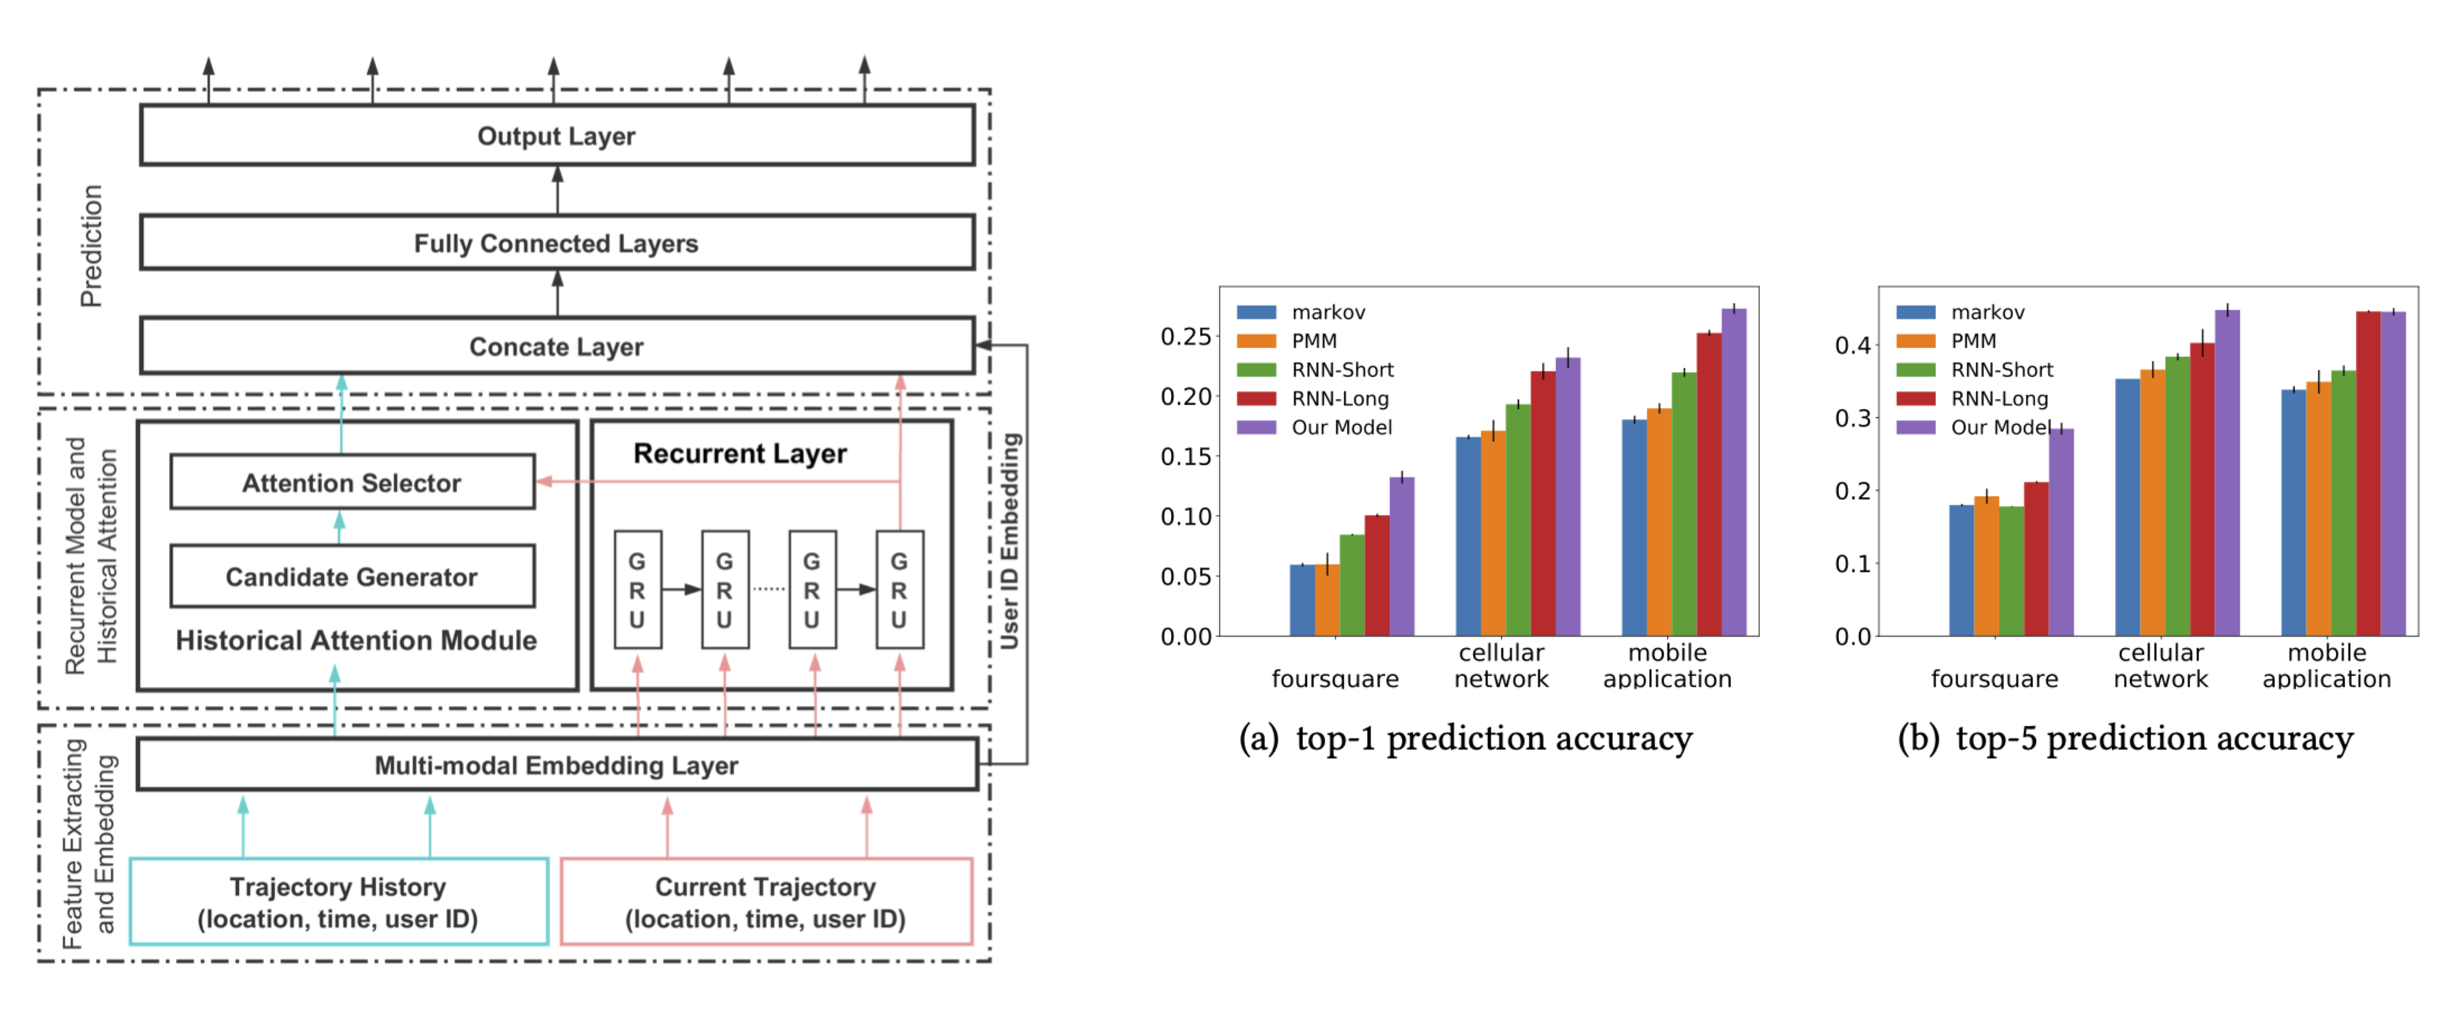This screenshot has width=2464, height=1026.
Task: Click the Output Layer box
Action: tap(557, 136)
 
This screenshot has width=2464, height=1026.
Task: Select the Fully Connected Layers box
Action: tap(557, 243)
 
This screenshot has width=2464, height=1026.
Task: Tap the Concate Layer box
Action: tap(557, 346)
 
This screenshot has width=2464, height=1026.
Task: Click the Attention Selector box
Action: tap(352, 482)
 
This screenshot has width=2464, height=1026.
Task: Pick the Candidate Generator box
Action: tap(352, 576)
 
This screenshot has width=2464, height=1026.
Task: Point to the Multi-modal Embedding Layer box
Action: tap(557, 765)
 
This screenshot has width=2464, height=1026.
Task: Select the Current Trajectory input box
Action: tap(765, 902)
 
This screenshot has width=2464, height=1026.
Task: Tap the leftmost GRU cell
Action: tap(637, 590)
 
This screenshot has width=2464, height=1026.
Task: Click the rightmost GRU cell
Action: tap(899, 590)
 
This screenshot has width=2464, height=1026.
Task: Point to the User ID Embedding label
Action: tap(1010, 541)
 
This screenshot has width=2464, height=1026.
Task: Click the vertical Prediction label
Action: tap(91, 246)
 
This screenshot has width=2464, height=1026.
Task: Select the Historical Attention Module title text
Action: tap(356, 640)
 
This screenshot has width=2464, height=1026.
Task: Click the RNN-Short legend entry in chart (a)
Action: tap(1342, 369)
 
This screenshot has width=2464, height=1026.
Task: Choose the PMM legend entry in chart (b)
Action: tap(1972, 341)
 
